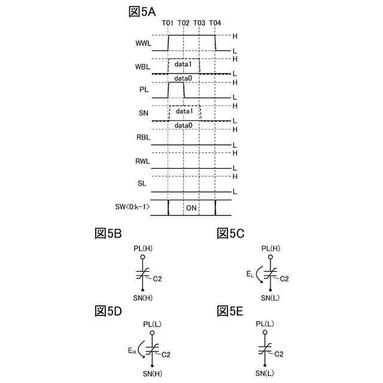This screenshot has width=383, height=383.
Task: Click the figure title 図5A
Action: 143,11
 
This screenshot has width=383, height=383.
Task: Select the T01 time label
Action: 168,23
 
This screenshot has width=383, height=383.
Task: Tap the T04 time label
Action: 215,23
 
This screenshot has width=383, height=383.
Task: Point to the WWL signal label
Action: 144,43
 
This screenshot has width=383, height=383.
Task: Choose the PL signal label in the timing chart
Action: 144,90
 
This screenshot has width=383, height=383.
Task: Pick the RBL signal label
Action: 144,138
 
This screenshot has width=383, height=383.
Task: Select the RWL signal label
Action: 144,161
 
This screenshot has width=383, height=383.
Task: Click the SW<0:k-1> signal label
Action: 132,208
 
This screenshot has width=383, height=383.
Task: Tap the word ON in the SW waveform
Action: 191,208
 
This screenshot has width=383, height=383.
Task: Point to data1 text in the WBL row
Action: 184,63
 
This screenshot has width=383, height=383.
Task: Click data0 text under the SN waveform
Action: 183,126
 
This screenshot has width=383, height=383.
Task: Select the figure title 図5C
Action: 230,233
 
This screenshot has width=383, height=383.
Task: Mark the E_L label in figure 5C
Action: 250,273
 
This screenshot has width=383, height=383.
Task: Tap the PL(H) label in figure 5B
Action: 144,248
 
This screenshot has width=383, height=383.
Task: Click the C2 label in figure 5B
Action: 157,278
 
